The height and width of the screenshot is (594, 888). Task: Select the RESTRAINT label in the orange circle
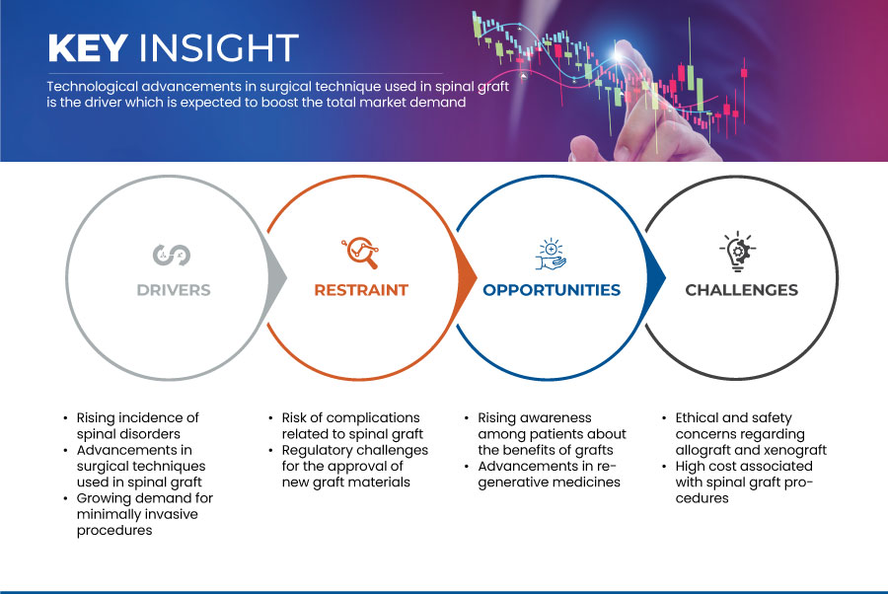(x=361, y=290)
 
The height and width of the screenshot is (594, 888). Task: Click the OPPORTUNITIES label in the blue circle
(x=552, y=290)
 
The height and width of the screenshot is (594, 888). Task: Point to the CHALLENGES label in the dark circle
(x=741, y=290)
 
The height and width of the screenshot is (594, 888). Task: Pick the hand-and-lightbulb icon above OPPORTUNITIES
(x=552, y=253)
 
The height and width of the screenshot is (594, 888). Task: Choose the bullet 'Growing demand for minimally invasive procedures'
(x=144, y=514)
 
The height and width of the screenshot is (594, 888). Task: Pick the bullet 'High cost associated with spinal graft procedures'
(x=744, y=482)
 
